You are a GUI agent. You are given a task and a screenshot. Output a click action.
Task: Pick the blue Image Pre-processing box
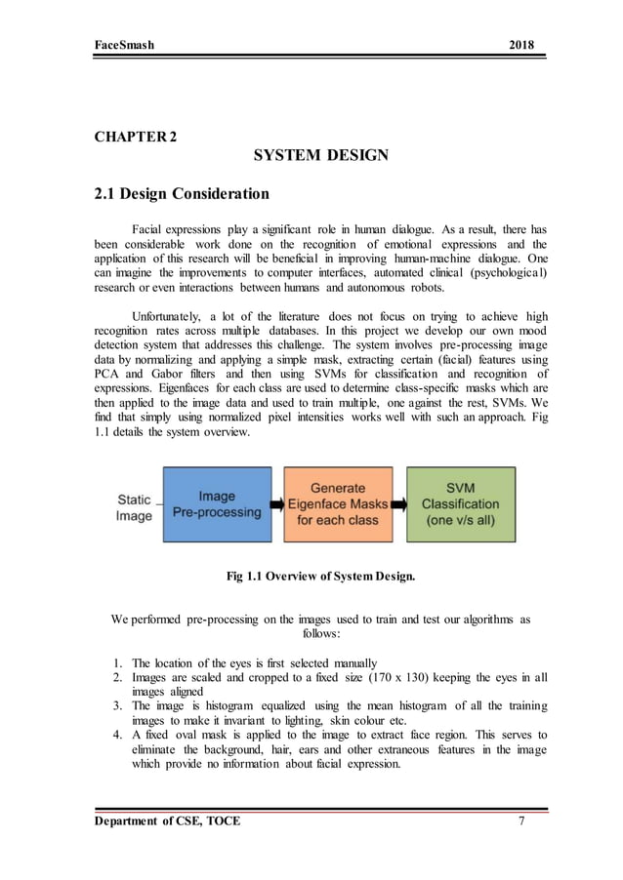pos(217,504)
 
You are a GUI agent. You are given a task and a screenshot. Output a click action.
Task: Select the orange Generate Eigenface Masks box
pos(337,504)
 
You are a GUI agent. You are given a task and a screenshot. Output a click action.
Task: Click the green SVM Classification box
pos(460,504)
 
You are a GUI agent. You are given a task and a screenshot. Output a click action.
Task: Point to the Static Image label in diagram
pos(134,507)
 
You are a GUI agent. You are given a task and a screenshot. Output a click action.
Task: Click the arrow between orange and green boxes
pos(398,505)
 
